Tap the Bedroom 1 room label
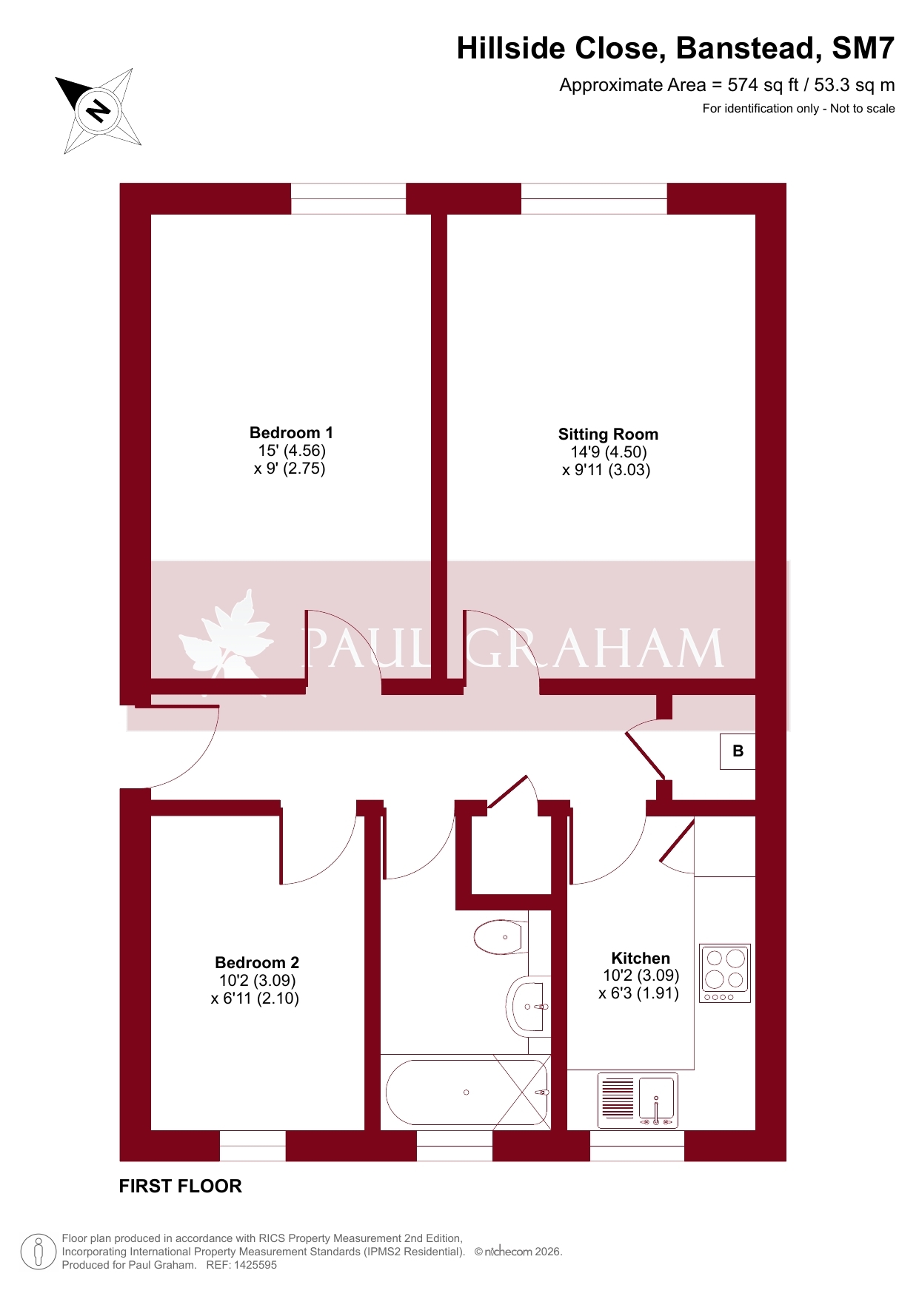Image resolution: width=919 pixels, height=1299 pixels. pos(291,433)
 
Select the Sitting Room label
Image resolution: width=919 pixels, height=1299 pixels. pos(608,434)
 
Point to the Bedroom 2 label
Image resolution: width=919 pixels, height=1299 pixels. pos(257,963)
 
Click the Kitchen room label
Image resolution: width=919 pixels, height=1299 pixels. pos(641,959)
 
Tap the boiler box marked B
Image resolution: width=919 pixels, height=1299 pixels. pos(738,751)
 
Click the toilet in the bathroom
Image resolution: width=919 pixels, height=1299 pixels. pos(501,937)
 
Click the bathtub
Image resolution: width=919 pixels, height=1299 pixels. pos(467,1092)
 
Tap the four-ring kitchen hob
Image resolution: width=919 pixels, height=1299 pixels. pos(725,973)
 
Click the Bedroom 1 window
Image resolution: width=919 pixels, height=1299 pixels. pos(348,198)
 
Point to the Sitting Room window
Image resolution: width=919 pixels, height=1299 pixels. pos(594,198)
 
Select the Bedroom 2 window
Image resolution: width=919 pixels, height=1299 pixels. pos(253,1146)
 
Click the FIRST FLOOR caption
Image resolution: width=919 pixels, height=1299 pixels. pos(181,1186)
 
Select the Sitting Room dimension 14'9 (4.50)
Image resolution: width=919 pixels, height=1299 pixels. pos(608,452)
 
